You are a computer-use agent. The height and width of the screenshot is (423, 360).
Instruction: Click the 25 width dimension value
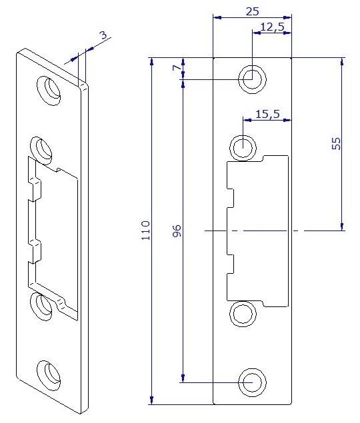click(253, 11)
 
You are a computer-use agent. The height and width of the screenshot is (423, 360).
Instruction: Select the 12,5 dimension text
click(272, 27)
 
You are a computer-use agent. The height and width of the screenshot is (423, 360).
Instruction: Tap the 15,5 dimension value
click(267, 114)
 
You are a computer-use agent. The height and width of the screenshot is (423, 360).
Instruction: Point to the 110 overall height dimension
click(145, 230)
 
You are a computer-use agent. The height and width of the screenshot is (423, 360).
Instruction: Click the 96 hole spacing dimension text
click(177, 230)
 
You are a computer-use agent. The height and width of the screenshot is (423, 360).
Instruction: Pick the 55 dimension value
click(336, 143)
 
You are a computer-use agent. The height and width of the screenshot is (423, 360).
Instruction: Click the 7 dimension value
click(177, 67)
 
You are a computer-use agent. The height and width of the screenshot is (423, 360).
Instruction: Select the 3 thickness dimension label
click(103, 35)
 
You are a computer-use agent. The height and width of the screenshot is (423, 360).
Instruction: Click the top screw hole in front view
click(252, 79)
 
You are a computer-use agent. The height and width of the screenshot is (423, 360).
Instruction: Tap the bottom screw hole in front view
click(252, 382)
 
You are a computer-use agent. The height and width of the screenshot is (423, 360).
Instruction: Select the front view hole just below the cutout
click(243, 314)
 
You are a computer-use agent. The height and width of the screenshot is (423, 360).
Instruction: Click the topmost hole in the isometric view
click(49, 91)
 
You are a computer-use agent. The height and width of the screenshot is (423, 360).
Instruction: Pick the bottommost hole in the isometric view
click(49, 375)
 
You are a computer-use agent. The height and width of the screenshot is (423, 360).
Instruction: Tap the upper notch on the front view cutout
click(230, 198)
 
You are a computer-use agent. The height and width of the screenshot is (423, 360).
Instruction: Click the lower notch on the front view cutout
click(230, 264)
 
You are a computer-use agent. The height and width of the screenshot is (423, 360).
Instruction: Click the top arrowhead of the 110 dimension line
click(152, 62)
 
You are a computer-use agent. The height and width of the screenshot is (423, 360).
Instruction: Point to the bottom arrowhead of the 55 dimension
click(342, 226)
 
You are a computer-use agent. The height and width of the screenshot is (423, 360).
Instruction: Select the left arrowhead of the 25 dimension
click(217, 17)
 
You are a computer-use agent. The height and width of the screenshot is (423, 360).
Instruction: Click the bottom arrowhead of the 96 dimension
click(183, 378)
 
